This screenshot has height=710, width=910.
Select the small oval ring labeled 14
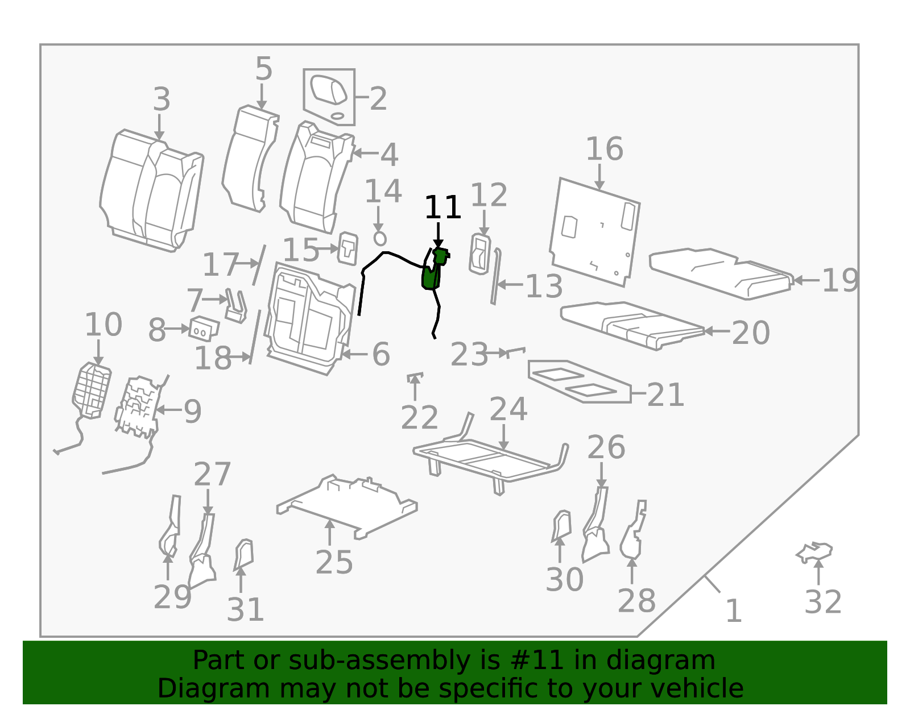pos(380,239)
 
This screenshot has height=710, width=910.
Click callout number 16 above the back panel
pos(604,149)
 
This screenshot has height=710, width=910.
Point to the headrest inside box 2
pos(328,89)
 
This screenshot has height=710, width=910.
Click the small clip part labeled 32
pos(814,553)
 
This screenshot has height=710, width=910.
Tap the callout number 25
pos(334,562)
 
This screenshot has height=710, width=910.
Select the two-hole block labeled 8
pos(204,329)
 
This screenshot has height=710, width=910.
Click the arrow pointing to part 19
pos(806,280)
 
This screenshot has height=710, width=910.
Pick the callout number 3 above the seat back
pos(161,99)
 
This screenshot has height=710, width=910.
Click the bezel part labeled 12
pos(480,254)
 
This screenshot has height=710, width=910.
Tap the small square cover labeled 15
pos(348,248)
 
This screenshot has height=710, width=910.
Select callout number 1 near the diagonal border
pos(733,611)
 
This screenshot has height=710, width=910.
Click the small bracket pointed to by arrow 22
pos(415,377)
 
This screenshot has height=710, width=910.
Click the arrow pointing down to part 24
pos(503,438)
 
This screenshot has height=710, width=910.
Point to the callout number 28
pos(636,601)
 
